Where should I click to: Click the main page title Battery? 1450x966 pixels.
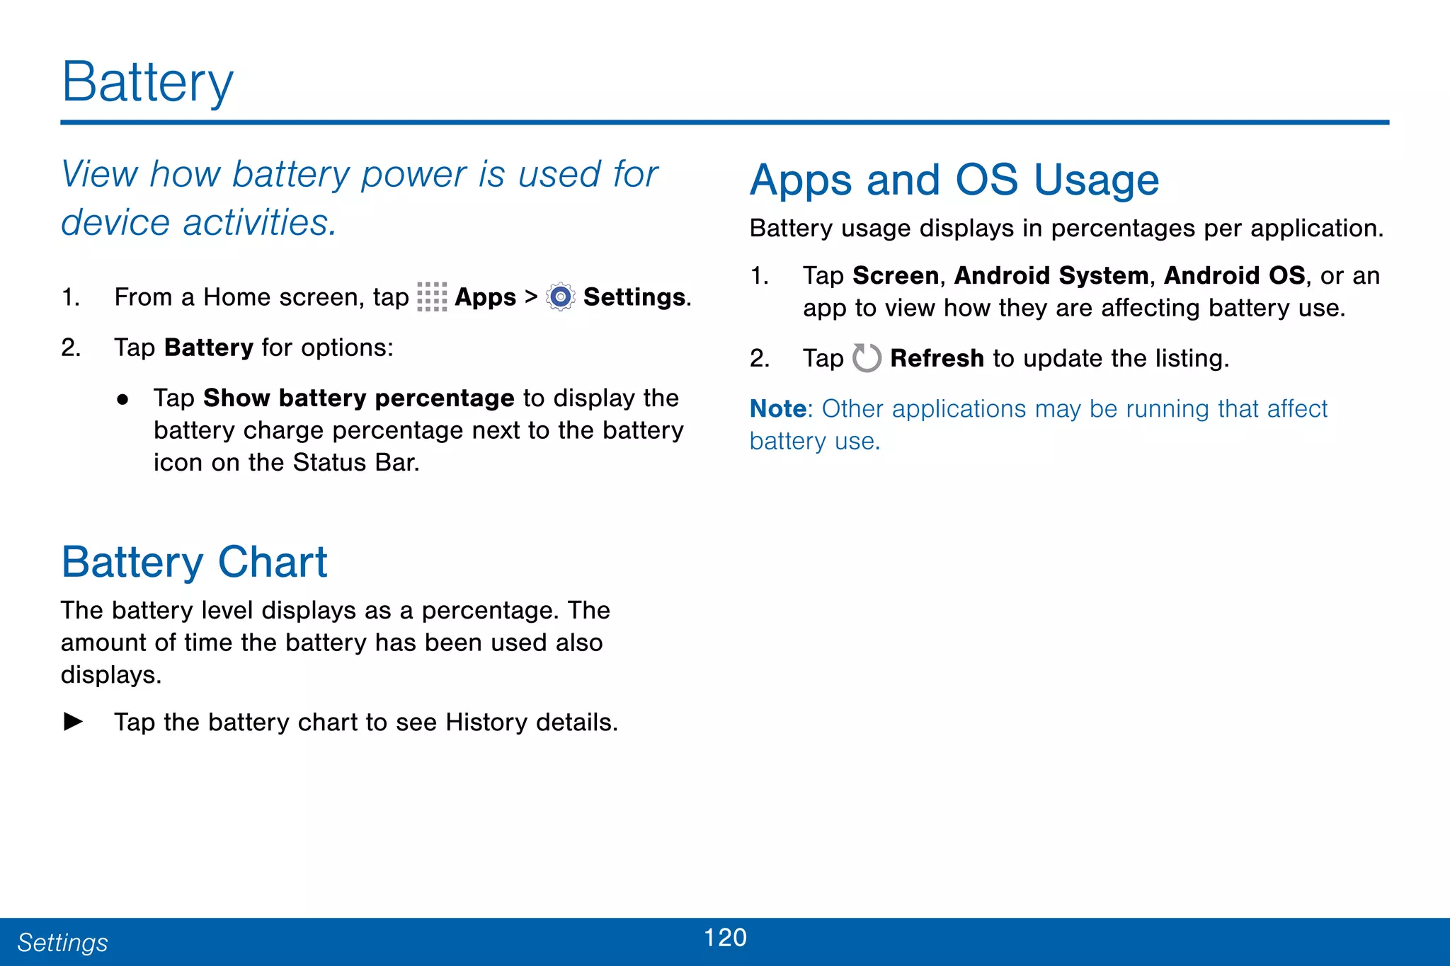coord(147,82)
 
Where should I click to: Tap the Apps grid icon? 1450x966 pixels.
coord(432,297)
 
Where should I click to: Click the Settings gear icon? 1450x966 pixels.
coord(560,297)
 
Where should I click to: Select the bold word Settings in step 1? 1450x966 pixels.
coord(634,297)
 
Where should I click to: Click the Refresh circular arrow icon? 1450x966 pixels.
coord(866,358)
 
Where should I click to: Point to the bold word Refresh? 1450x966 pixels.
coord(936,358)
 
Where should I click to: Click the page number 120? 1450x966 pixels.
coord(725,938)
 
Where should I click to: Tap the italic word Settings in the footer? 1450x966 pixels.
coord(62,943)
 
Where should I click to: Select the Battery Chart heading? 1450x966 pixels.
coord(194,562)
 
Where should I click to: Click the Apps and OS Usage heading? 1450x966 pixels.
coord(954,180)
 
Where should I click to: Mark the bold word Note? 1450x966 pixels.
coord(777,409)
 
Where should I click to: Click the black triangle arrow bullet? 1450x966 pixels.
coord(73,722)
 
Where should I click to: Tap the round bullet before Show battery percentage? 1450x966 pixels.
coord(122,399)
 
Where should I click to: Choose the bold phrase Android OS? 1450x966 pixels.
coord(1233,275)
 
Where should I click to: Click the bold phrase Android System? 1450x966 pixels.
coord(1051,275)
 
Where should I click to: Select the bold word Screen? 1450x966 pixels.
coord(895,275)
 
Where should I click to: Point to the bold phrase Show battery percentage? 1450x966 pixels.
coord(358,398)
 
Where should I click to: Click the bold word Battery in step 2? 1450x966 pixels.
coord(208,347)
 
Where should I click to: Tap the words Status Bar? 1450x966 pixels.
coord(355,462)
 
